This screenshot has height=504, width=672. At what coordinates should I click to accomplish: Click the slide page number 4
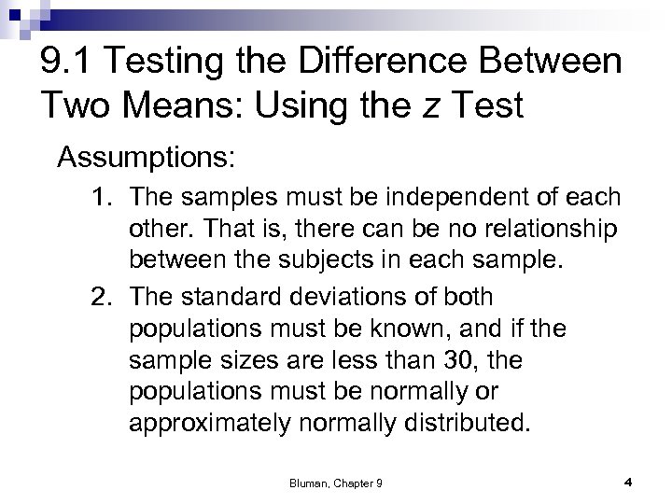[628, 482]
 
